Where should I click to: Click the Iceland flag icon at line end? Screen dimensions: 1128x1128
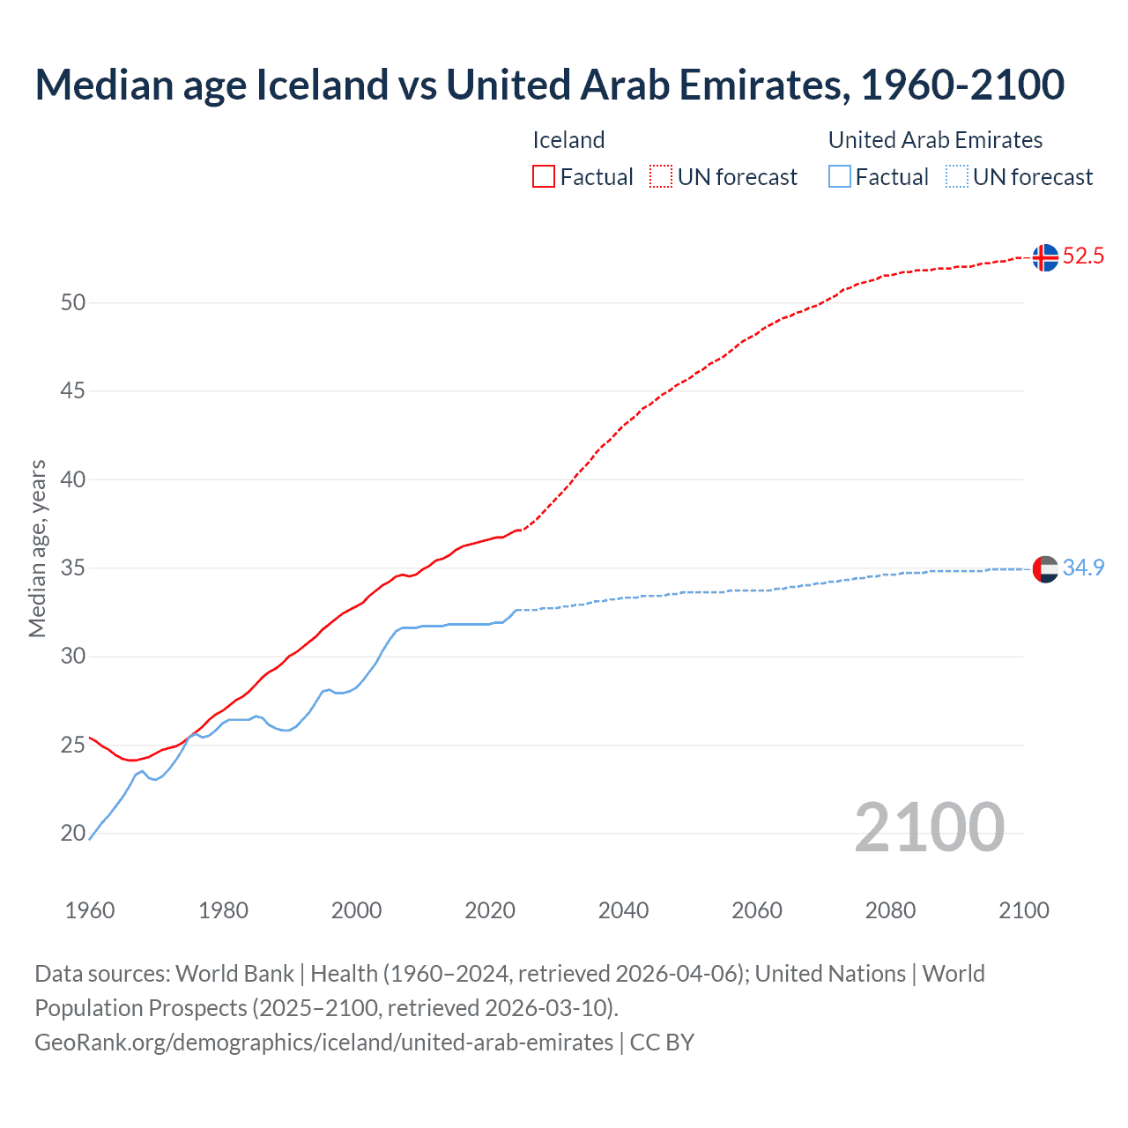1045,257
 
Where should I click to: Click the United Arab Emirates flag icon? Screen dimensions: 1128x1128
1045,569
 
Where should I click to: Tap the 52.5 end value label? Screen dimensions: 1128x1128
1083,256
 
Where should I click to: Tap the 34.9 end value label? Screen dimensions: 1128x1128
1083,568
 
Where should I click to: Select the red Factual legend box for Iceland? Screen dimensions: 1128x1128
544,177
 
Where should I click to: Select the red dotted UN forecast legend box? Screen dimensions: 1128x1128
661,177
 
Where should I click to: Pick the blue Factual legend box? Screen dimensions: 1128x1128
840,177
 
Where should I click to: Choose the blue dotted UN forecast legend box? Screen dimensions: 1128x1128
957,177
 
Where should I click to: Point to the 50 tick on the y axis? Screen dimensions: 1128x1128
73,303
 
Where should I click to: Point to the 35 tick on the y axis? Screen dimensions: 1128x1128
73,568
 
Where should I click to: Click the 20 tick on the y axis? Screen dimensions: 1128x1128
73,834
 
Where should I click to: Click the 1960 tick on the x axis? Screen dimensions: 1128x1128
90,910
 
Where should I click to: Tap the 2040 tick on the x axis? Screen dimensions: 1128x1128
623,910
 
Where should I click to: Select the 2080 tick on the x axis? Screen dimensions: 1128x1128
890,910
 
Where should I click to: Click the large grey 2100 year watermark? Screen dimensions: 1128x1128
929,827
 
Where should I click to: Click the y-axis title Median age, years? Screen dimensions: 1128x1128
37,548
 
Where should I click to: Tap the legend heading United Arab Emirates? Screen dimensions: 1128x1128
935,140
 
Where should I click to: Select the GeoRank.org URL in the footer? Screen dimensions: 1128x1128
323,1043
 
